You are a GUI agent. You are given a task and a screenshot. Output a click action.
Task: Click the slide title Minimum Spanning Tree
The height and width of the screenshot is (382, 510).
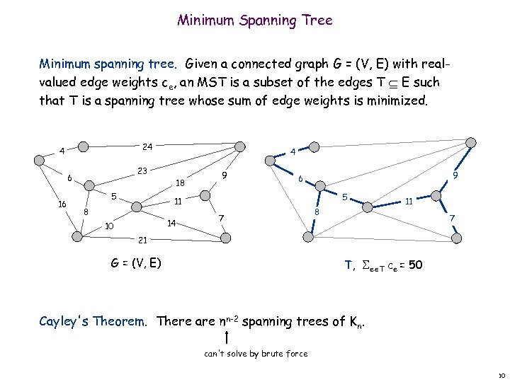click(x=255, y=21)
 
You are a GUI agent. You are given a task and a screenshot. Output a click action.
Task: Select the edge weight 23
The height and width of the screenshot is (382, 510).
click(x=142, y=170)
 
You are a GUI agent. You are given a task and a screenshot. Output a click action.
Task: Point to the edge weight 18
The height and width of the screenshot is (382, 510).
click(x=181, y=183)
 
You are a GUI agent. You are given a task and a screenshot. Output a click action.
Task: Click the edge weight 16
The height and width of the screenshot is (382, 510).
click(x=62, y=204)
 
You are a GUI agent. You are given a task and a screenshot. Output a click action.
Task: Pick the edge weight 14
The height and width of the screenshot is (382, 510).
click(x=171, y=224)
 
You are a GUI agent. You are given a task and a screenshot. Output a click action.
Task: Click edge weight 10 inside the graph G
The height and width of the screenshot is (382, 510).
click(x=109, y=227)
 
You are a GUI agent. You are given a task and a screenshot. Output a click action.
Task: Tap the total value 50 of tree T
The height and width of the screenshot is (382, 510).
click(x=416, y=265)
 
